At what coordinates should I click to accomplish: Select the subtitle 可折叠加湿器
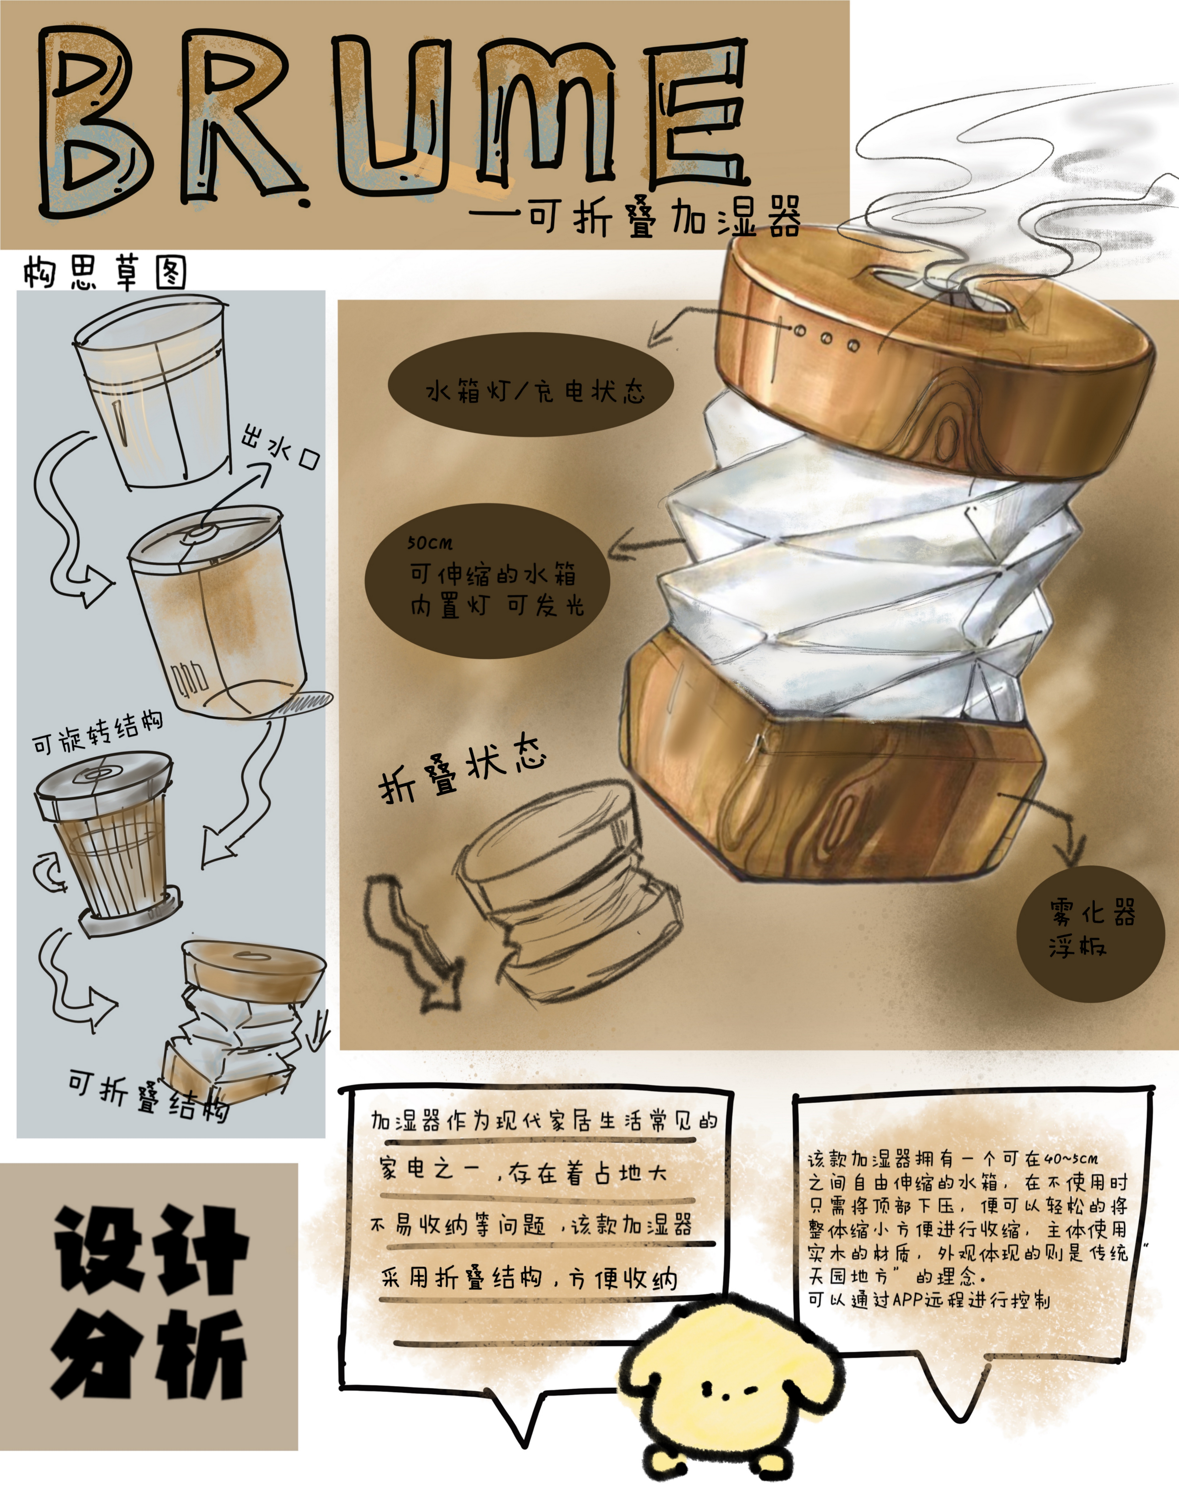point(666,216)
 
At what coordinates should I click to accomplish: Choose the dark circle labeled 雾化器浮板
point(1091,933)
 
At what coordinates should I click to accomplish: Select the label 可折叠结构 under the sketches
point(148,1096)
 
